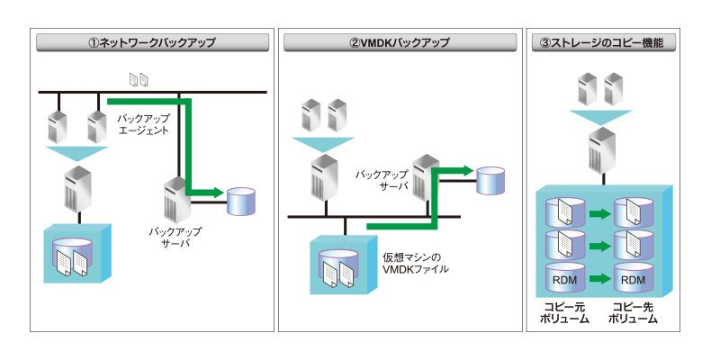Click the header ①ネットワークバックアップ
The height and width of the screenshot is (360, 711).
tap(152, 42)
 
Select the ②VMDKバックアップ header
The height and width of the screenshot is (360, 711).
tap(400, 42)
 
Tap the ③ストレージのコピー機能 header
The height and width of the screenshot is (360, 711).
tap(603, 42)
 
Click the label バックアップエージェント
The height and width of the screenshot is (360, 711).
tap(143, 124)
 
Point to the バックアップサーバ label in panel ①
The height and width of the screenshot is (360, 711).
tap(175, 237)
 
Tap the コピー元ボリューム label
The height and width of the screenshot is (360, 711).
tap(564, 313)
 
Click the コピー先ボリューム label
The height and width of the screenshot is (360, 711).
tap(633, 313)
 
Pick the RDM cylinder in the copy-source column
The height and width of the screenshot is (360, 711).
tap(565, 279)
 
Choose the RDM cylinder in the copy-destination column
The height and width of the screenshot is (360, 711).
tap(633, 279)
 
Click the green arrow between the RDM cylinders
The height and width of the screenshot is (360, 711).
tap(599, 279)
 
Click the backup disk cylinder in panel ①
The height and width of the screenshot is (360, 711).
tap(241, 202)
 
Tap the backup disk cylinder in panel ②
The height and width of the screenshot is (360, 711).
tap(490, 181)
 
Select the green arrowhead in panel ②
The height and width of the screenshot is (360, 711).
tap(467, 171)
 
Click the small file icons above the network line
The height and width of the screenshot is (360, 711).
tap(139, 80)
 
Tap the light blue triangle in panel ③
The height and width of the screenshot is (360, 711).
tap(600, 117)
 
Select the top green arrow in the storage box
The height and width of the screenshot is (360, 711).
tap(599, 214)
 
